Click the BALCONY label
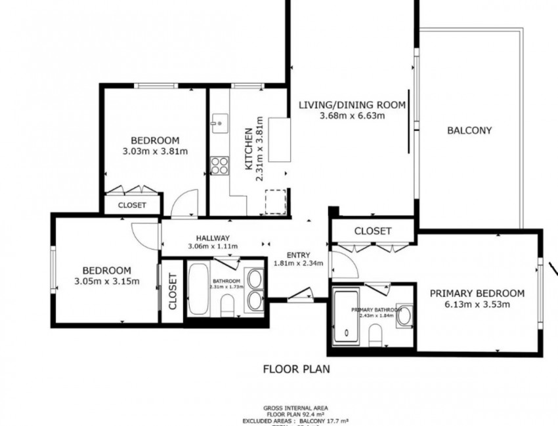469,130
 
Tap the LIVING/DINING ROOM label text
352,104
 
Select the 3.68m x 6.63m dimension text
352,116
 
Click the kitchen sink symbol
219,121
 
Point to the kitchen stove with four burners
219,164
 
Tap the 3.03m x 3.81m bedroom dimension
155,152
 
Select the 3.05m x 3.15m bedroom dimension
106,282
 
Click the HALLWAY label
212,238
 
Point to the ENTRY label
298,255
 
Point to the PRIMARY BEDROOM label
477,293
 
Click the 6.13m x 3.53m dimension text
477,304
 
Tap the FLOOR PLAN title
296,369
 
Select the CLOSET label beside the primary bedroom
373,231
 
